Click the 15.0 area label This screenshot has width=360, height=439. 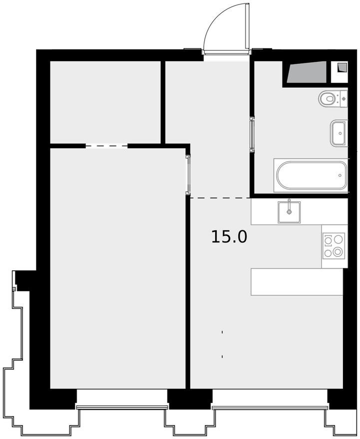click(229, 236)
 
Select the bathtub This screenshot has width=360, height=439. click(311, 176)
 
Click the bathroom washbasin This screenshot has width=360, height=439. click(339, 133)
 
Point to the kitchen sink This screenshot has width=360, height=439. click(289, 212)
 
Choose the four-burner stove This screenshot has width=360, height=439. click(334, 246)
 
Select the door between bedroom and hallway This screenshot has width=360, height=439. click(188, 174)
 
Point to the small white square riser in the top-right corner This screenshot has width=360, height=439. click(339, 72)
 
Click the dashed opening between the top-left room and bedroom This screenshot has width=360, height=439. click(107, 146)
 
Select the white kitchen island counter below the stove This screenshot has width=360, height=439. click(297, 282)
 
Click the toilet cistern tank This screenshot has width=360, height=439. click(344, 99)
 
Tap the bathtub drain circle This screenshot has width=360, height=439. click(340, 176)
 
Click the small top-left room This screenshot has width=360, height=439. click(105, 102)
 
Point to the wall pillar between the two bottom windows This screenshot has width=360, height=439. click(190, 399)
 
